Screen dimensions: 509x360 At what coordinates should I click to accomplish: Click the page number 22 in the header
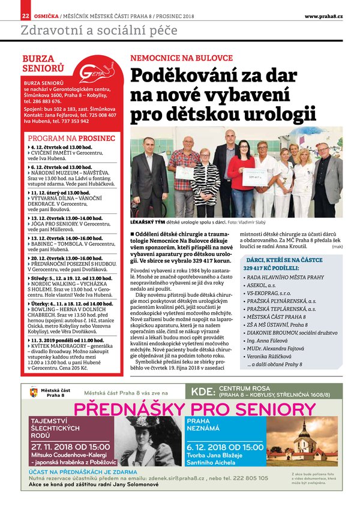[25, 16]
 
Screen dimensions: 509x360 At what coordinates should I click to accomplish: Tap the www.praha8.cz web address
[323, 16]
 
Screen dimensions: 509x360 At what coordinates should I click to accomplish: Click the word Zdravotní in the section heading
[49, 31]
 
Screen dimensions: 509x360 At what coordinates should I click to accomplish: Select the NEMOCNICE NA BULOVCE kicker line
[181, 58]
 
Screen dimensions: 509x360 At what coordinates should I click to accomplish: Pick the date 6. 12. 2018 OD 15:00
[225, 446]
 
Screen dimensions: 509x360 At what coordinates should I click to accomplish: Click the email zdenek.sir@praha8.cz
[166, 478]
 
